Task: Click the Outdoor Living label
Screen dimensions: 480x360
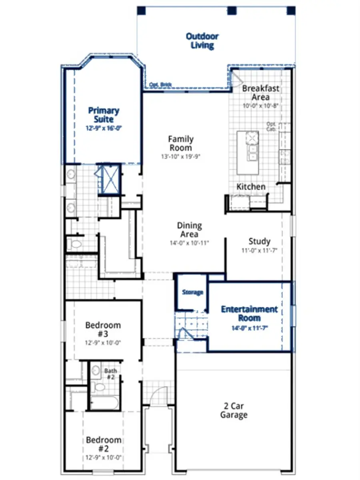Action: point(202,41)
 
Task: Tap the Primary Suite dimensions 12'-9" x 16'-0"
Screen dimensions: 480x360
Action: point(104,129)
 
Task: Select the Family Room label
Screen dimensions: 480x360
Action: point(180,143)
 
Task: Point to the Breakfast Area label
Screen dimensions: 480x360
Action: point(260,93)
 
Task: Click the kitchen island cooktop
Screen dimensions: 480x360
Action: point(252,138)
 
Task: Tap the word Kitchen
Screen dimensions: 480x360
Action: point(251,187)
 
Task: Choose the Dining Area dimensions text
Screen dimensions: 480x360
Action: point(190,243)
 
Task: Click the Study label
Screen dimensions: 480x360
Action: point(259,241)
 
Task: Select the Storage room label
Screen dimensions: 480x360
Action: point(192,293)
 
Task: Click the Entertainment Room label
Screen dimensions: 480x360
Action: point(249,314)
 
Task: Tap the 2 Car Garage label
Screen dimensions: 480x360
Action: point(234,410)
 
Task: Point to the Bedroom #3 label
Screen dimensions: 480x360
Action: point(103,329)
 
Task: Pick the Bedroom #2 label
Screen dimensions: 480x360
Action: point(103,444)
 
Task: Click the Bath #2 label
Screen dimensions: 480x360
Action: point(111,374)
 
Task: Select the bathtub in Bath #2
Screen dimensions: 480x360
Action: point(104,402)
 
